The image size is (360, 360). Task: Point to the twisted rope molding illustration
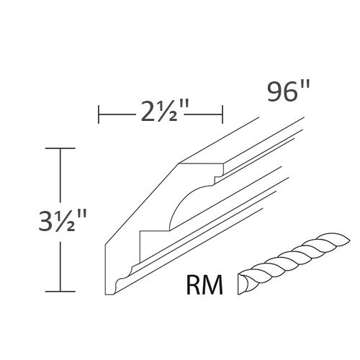click(x=285, y=264)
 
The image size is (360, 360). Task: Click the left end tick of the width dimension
click(x=99, y=114)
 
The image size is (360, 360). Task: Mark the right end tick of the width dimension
click(x=222, y=114)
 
